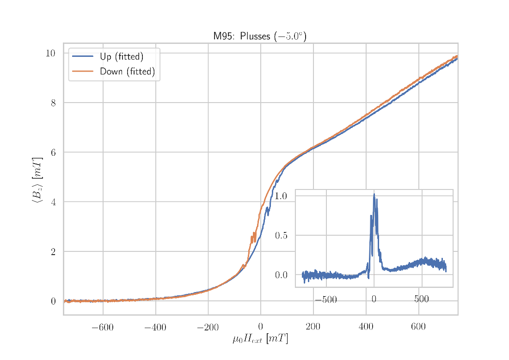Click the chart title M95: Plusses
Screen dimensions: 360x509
click(x=260, y=37)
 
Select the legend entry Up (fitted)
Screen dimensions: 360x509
click(x=121, y=57)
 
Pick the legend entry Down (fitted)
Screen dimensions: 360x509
click(x=127, y=72)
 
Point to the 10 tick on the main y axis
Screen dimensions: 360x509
click(x=50, y=53)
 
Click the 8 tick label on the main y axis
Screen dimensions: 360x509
click(x=53, y=103)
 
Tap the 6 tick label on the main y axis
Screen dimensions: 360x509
click(x=53, y=153)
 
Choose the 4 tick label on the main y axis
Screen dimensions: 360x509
click(x=53, y=202)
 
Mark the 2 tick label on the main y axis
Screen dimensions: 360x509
click(x=53, y=252)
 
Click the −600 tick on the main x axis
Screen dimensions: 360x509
click(x=103, y=328)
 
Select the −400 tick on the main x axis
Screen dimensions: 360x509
click(x=155, y=328)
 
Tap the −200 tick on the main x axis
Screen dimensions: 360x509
click(x=208, y=328)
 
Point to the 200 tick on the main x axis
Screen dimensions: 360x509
click(x=313, y=328)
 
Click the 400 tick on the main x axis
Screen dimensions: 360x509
click(x=366, y=328)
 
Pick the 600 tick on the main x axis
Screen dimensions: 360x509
click(x=418, y=328)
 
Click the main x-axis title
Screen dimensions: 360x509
click(x=260, y=339)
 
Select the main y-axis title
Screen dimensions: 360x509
click(x=37, y=180)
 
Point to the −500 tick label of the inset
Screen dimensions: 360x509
click(x=325, y=300)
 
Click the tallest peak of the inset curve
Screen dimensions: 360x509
click(x=374, y=194)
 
